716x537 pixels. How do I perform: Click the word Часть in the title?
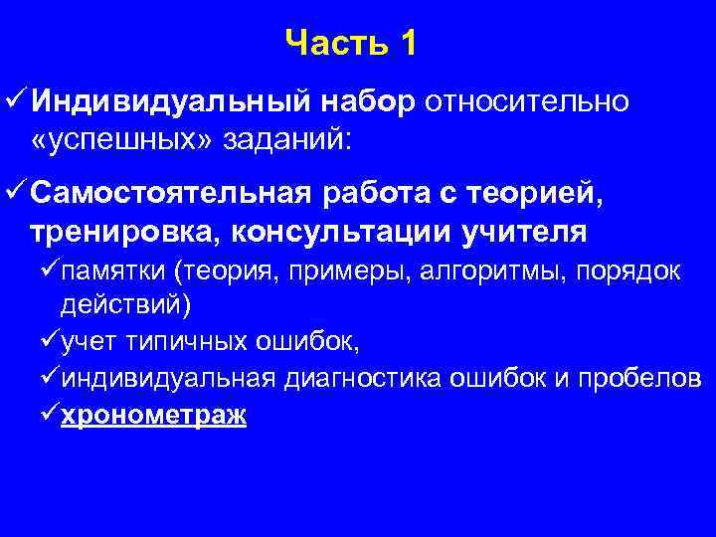[x=334, y=43]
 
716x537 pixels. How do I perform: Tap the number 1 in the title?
[x=406, y=43]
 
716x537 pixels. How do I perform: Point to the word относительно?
[x=530, y=101]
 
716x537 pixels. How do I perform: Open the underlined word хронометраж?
[x=153, y=415]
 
